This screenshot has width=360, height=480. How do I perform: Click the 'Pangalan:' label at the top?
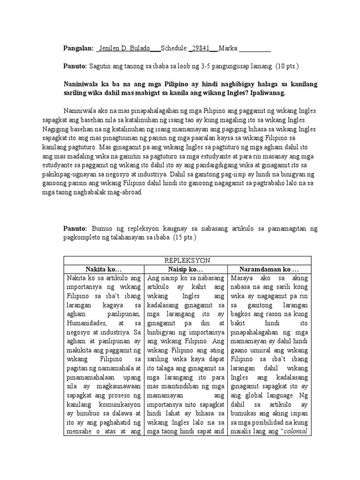tap(78, 49)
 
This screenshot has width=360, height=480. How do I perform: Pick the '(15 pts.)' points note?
tap(184, 238)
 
